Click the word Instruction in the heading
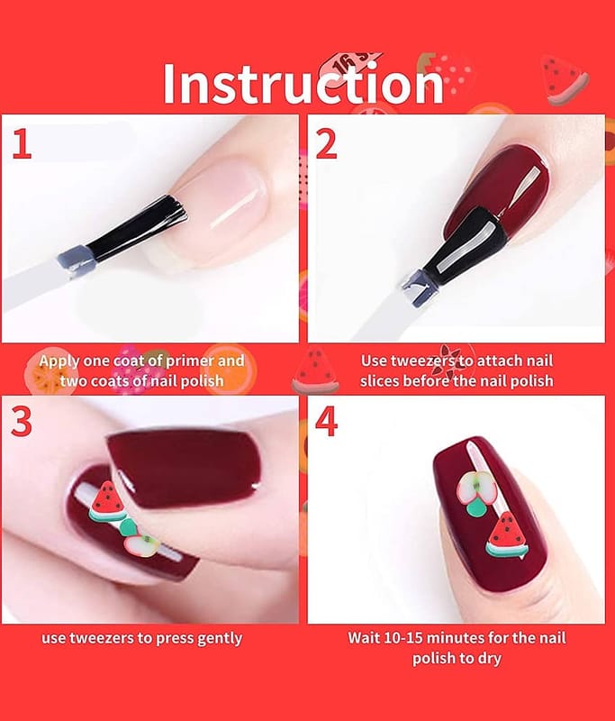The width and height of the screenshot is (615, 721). pyautogui.click(x=303, y=84)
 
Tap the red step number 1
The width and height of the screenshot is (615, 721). pyautogui.click(x=22, y=144)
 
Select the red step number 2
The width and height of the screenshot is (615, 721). pyautogui.click(x=327, y=144)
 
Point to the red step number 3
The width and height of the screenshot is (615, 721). pyautogui.click(x=21, y=422)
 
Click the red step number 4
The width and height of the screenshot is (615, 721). pyautogui.click(x=327, y=422)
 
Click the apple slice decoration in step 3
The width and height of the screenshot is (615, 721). pyautogui.click(x=141, y=544)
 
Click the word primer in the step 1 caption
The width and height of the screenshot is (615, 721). pyautogui.click(x=190, y=361)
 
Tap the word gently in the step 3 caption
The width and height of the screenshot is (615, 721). pyautogui.click(x=220, y=639)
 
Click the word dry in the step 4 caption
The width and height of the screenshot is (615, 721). pyautogui.click(x=490, y=660)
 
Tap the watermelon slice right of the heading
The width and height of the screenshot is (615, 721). pyautogui.click(x=564, y=79)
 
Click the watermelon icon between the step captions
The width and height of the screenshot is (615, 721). pyautogui.click(x=315, y=371)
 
